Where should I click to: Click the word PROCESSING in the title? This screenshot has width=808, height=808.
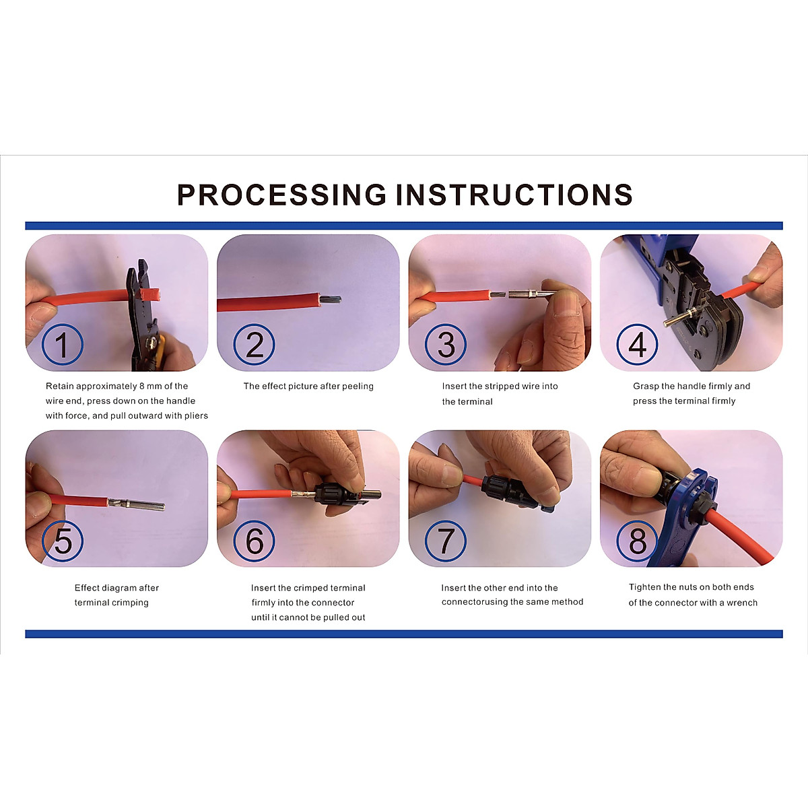(x=281, y=195)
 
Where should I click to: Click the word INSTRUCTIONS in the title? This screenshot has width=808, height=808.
(x=514, y=195)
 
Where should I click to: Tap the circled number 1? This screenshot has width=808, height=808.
(x=63, y=344)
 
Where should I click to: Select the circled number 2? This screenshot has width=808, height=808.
(x=254, y=344)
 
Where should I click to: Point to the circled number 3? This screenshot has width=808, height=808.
(x=446, y=344)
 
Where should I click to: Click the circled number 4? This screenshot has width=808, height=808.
(x=638, y=344)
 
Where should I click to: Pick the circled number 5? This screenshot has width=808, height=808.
(x=63, y=541)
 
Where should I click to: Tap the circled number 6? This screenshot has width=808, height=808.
(x=254, y=541)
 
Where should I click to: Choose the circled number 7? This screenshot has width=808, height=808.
(x=446, y=541)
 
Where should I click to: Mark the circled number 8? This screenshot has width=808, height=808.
(x=638, y=541)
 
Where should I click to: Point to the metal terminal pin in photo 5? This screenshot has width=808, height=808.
(x=137, y=504)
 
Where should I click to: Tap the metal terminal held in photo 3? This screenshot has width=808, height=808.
(x=529, y=294)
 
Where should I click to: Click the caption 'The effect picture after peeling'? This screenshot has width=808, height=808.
(x=308, y=386)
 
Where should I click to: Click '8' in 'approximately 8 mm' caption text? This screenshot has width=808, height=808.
(x=142, y=386)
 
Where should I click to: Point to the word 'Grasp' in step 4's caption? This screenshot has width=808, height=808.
(x=646, y=386)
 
